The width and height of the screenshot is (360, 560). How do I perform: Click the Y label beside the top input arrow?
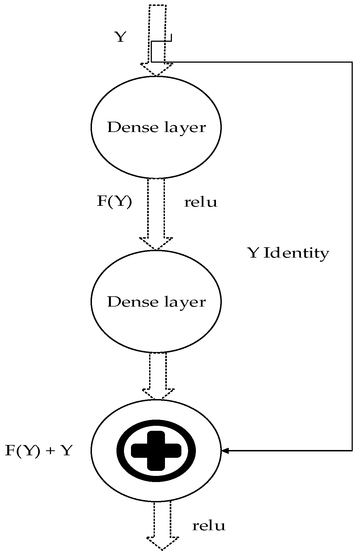(120, 37)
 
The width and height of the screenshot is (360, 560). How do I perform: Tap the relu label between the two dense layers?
(200, 202)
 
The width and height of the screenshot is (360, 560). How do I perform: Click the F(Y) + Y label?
(38, 450)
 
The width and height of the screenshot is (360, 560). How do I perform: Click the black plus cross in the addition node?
(156, 450)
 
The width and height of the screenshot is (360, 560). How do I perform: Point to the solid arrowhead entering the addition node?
(225, 450)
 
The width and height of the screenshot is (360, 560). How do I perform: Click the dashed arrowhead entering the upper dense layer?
(157, 70)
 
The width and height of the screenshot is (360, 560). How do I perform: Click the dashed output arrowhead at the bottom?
(163, 543)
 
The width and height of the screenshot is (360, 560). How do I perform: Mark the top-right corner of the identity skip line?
(352, 62)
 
